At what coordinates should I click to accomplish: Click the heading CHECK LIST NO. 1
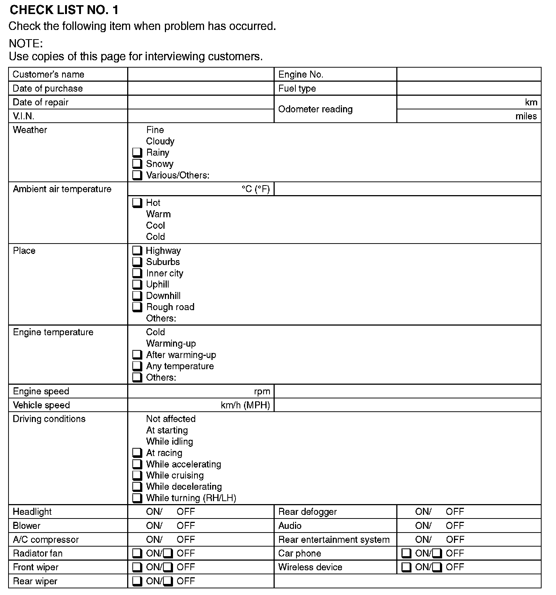pyautogui.click(x=64, y=10)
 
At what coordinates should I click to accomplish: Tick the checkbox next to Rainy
pyautogui.click(x=137, y=153)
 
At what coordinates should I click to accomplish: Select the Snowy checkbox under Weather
pyautogui.click(x=137, y=164)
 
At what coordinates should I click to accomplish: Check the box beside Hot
pyautogui.click(x=137, y=203)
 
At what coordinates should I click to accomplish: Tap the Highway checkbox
pyautogui.click(x=137, y=251)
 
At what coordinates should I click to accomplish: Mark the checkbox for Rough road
pyautogui.click(x=137, y=307)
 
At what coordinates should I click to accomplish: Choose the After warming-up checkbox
pyautogui.click(x=137, y=355)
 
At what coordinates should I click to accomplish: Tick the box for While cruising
pyautogui.click(x=137, y=476)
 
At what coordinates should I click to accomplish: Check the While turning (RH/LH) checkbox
pyautogui.click(x=137, y=498)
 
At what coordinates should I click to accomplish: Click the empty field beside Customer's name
pyautogui.click(x=201, y=74)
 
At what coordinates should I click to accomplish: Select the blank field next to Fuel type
pyautogui.click(x=469, y=88)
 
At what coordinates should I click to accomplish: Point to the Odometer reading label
pyautogui.click(x=315, y=109)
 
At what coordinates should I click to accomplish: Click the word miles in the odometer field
pyautogui.click(x=526, y=116)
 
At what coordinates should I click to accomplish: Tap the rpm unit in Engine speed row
pyautogui.click(x=262, y=391)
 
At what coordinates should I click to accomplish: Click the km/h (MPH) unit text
pyautogui.click(x=245, y=405)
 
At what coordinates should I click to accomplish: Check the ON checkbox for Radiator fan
pyautogui.click(x=137, y=554)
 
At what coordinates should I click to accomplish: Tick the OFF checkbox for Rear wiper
pyautogui.click(x=168, y=581)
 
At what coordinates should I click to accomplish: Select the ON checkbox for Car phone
pyautogui.click(x=406, y=554)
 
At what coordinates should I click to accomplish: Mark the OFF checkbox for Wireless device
pyautogui.click(x=437, y=567)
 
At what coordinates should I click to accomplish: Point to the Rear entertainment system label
pyautogui.click(x=334, y=540)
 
